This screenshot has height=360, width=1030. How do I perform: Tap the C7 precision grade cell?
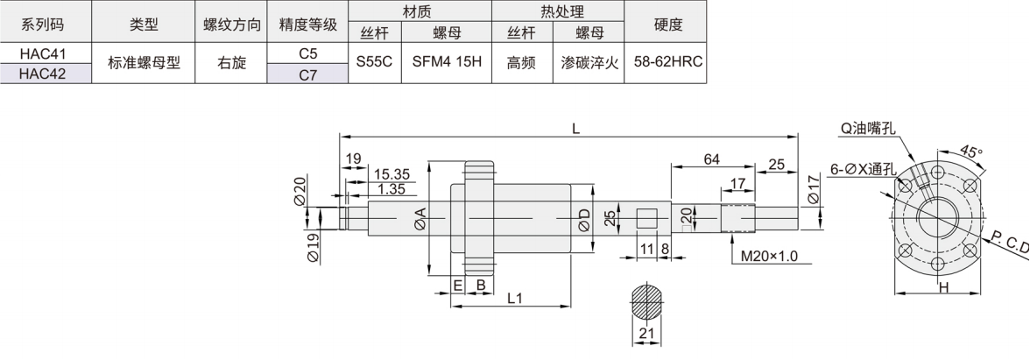click(x=307, y=74)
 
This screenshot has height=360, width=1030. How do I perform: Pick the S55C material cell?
click(x=374, y=63)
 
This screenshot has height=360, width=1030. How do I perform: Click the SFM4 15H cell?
click(x=447, y=63)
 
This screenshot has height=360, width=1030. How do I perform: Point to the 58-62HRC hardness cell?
click(x=667, y=63)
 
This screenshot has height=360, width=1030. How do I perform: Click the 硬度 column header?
click(x=667, y=25)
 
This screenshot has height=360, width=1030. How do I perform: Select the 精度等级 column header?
click(x=307, y=25)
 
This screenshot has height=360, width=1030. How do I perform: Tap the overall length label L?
click(x=575, y=128)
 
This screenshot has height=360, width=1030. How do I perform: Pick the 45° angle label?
click(x=970, y=151)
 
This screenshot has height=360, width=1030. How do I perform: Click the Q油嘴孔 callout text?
click(x=867, y=128)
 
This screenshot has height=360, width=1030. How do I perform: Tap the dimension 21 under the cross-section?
click(x=648, y=334)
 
